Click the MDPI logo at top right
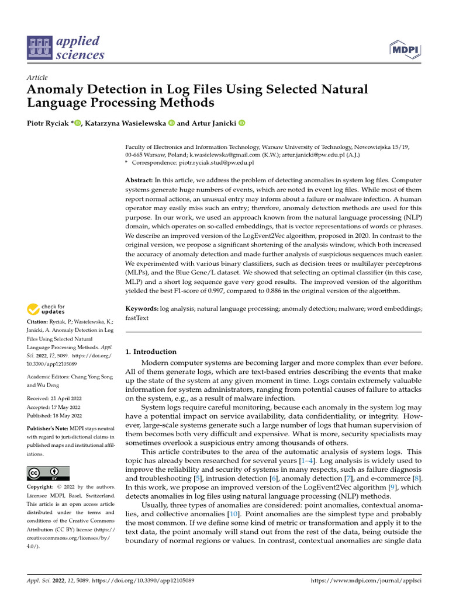(x=405, y=48)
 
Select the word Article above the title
(x=37, y=78)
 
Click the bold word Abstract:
(x=140, y=182)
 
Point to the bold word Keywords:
(x=142, y=308)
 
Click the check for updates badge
(x=46, y=309)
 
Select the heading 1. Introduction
(x=151, y=352)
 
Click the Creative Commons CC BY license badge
(x=49, y=473)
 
